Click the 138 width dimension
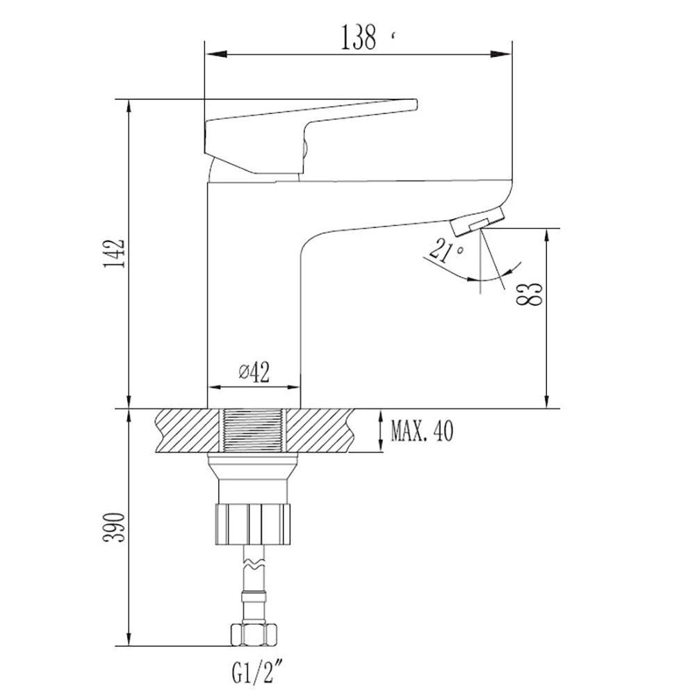(x=358, y=38)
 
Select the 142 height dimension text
(x=114, y=253)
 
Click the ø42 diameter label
(x=254, y=372)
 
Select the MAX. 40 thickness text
(x=423, y=431)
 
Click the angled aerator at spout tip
(x=477, y=221)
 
